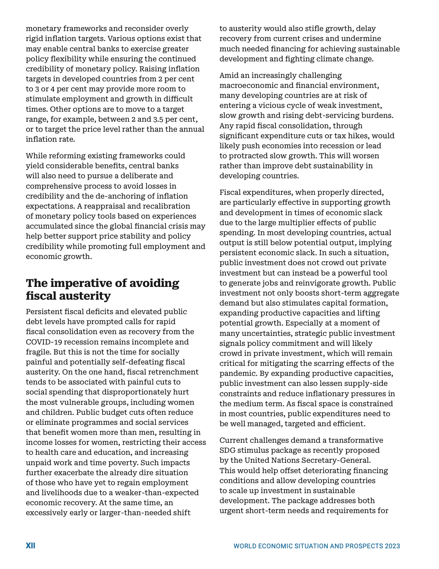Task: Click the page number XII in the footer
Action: (30, 546)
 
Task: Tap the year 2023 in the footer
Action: (393, 546)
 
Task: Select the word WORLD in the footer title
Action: (245, 546)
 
